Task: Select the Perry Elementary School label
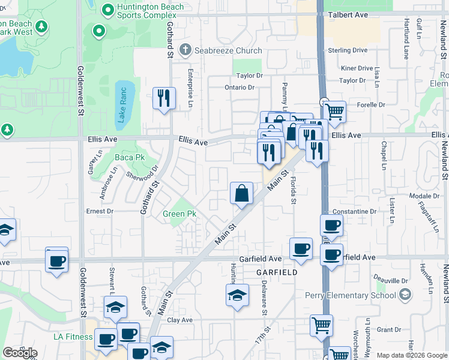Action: pyautogui.click(x=351, y=295)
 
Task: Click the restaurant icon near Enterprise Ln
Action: pyautogui.click(x=164, y=98)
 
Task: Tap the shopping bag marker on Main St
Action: pyautogui.click(x=241, y=194)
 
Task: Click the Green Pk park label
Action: pyautogui.click(x=179, y=214)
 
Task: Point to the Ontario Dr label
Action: pyautogui.click(x=240, y=88)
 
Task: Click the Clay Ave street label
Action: pyautogui.click(x=179, y=320)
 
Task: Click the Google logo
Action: pyautogui.click(x=20, y=353)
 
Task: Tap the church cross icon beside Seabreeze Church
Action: pyautogui.click(x=185, y=49)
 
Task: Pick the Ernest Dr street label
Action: pyautogui.click(x=100, y=211)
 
